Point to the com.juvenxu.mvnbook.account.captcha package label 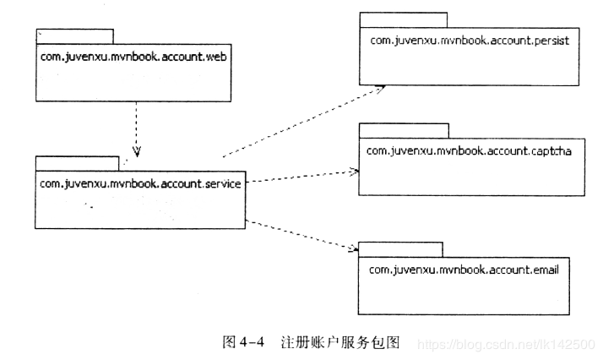click(470, 150)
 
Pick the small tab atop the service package click(77, 163)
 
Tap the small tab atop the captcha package click(404, 129)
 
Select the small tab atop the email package click(400, 248)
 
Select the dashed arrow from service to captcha click(300, 176)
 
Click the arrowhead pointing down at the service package click(136, 152)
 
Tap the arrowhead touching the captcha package click(353, 171)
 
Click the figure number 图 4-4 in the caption click(244, 341)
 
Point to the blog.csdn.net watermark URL click(507, 345)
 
